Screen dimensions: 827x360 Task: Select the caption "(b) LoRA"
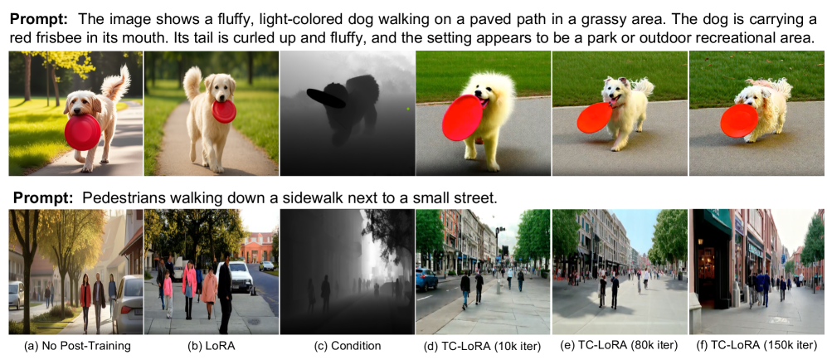click(211, 346)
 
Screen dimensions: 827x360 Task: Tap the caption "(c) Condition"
click(347, 346)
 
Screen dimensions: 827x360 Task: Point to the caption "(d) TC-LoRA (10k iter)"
click(483, 346)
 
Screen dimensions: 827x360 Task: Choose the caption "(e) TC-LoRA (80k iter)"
click(619, 346)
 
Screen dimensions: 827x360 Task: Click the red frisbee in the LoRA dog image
click(224, 111)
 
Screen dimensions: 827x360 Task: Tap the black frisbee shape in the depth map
click(326, 98)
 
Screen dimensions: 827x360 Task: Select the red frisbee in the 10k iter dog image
click(462, 117)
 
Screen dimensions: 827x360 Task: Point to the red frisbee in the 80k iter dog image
click(595, 118)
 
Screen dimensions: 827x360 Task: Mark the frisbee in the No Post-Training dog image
click(83, 131)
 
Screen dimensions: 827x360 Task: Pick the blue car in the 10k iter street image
click(426, 279)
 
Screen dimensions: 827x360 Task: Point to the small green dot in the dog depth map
click(408, 109)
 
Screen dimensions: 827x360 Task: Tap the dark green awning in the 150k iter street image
click(717, 221)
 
